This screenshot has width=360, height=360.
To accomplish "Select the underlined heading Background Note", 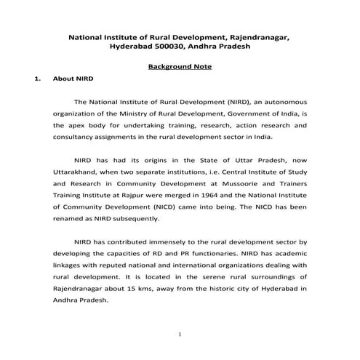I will coord(180,66).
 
